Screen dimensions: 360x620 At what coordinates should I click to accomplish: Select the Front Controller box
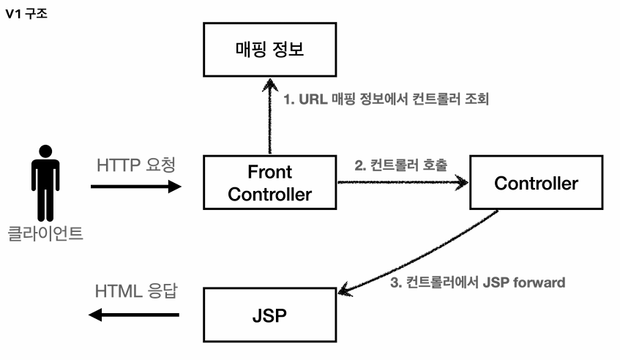269,183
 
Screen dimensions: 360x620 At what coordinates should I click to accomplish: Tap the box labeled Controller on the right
536,183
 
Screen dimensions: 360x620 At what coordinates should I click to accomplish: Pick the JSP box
269,319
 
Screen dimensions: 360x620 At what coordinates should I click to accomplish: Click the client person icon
45,184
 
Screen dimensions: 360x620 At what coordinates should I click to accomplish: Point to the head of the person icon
45,151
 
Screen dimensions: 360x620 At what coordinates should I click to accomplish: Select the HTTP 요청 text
136,166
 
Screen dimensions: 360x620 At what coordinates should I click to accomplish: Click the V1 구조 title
26,14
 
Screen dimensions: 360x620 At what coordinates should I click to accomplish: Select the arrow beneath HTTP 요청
136,187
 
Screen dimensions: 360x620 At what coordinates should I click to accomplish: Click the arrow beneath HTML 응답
134,315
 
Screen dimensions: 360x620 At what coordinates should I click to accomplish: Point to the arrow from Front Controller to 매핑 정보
269,117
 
